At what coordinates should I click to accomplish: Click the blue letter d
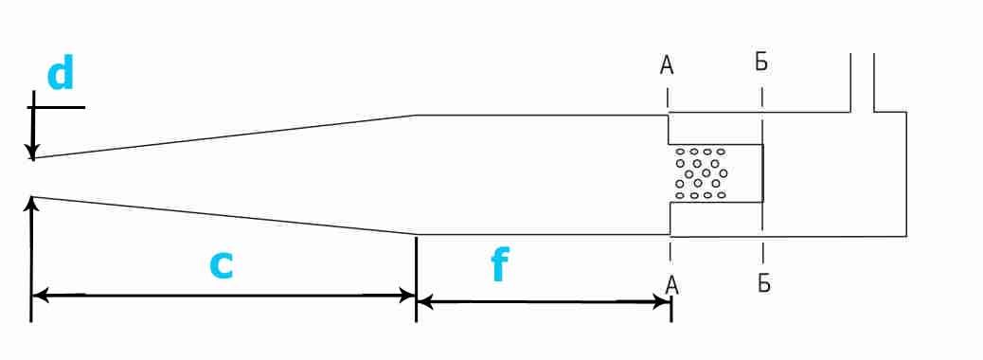[x=61, y=73]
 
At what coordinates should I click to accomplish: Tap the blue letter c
[x=222, y=266]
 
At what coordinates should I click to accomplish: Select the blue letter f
[x=500, y=265]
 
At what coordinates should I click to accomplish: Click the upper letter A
[x=667, y=65]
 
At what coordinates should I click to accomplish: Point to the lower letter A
[x=671, y=285]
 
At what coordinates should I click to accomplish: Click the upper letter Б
[x=761, y=63]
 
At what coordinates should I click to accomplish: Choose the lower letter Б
[x=763, y=283]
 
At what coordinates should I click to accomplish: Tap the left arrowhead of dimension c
[x=40, y=295]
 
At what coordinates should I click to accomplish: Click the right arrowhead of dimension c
[x=407, y=296]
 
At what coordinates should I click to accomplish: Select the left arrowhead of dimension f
[x=425, y=302]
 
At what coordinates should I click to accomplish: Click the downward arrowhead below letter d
[x=32, y=151]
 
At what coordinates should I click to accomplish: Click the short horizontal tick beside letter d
[x=56, y=107]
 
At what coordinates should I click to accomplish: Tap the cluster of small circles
[x=701, y=173]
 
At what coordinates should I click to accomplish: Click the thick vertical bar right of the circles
[x=763, y=173]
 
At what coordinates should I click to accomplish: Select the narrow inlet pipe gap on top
[x=862, y=82]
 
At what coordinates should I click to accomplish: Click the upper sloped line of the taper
[x=224, y=136]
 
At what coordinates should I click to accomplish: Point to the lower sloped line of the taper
[x=224, y=216]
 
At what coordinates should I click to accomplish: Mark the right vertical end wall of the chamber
[x=906, y=174]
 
